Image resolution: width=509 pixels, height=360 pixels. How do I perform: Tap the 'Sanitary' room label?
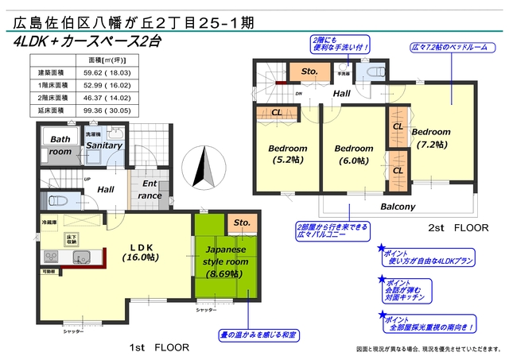pos(104,145)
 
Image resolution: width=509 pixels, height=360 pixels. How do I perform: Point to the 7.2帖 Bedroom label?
pos(431,137)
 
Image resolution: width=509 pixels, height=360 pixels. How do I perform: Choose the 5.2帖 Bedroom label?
pos(288,153)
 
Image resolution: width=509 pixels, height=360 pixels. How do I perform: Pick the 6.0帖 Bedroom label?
pos(354,153)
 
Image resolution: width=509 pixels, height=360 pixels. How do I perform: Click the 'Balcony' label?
pos(398,207)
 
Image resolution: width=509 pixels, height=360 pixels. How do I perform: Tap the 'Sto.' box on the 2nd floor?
pos(309,71)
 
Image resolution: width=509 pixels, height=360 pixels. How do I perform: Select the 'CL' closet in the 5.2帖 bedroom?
pos(276,112)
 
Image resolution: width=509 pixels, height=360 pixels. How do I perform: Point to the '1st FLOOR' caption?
pos(159,347)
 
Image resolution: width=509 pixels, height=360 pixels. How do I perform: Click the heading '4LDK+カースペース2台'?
pos(100,42)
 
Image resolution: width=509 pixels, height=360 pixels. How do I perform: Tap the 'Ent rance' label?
pos(150,190)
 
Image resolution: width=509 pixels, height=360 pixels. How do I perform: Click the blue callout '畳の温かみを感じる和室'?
pos(258,335)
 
